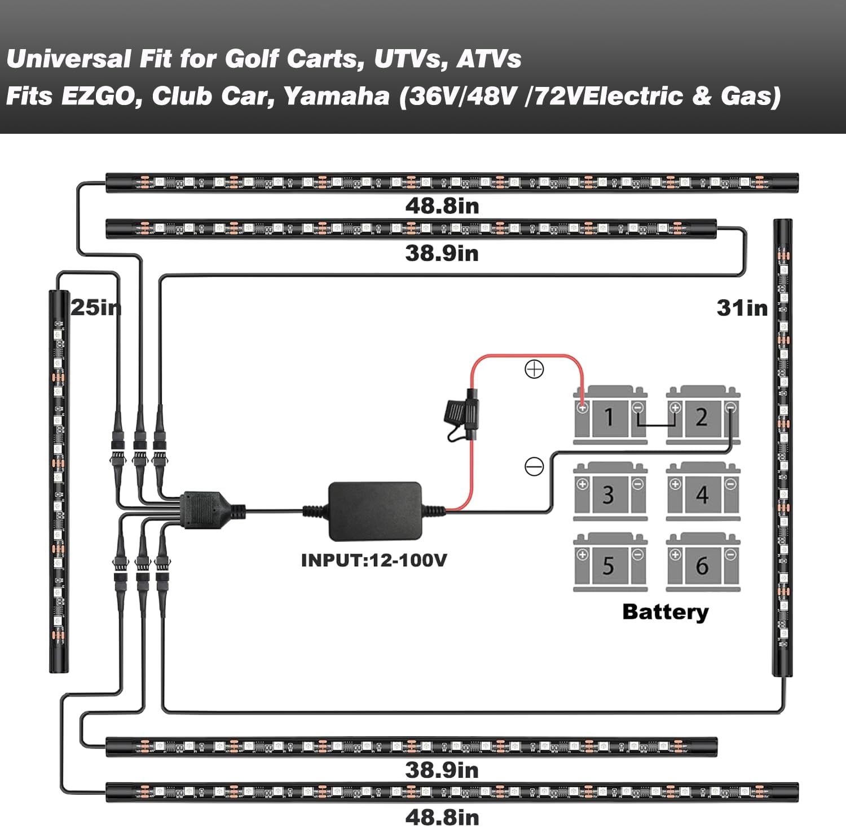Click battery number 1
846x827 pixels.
tap(610, 415)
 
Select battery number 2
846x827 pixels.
tap(703, 415)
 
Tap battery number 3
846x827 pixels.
tap(610, 491)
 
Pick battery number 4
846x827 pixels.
tap(703, 491)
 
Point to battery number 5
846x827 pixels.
tap(610, 562)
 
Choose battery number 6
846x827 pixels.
tap(703, 562)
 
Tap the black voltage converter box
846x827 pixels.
tap(375, 511)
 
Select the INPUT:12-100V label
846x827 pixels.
tap(374, 560)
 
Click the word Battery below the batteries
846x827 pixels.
tap(666, 612)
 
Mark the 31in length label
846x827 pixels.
tap(742, 308)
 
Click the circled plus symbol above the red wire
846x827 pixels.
tap(534, 370)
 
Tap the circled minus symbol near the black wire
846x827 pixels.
tap(534, 466)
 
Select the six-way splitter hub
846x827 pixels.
tap(203, 510)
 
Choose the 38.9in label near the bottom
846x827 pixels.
tap(442, 770)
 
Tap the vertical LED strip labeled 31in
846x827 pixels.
tap(782, 447)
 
